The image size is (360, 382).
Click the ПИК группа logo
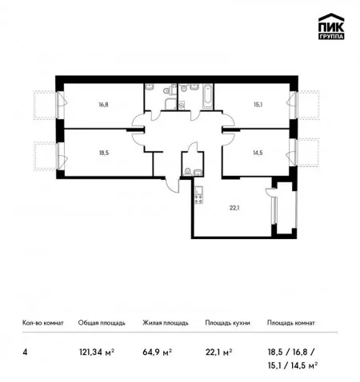[331, 26]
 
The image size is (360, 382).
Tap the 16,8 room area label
[103, 105]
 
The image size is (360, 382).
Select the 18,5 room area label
[104, 153]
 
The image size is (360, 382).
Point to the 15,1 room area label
[258, 105]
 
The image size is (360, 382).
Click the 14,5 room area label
[258, 153]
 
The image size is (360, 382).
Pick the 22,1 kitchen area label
[234, 208]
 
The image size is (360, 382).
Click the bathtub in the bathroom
[207, 97]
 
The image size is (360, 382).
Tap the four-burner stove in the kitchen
[199, 199]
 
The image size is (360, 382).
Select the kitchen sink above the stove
[199, 190]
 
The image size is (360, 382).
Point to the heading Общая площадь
[102, 323]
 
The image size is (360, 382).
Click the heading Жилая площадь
[166, 323]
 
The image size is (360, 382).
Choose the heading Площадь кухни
[227, 323]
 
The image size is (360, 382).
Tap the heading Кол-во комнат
[43, 323]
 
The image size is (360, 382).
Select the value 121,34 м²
[97, 352]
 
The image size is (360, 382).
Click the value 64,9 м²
[157, 352]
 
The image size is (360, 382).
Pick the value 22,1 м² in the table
[218, 352]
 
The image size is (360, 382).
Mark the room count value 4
[25, 352]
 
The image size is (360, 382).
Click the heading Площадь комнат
[291, 323]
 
